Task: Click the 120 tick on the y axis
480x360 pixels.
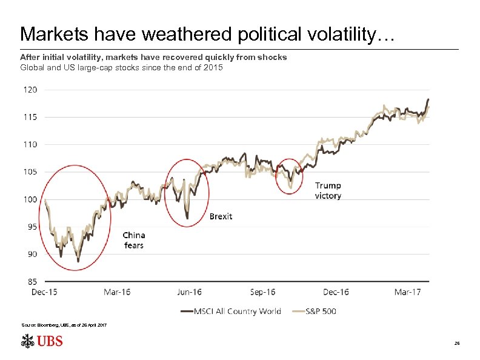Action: [30, 90]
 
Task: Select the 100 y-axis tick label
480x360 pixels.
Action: [30, 199]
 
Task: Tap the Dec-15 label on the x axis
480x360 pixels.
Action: [44, 293]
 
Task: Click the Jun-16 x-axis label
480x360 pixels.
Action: [189, 293]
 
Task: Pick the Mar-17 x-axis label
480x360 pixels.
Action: [407, 293]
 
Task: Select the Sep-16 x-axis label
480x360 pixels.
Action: [262, 293]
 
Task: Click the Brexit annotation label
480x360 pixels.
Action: [221, 216]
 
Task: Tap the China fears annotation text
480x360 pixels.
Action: [133, 240]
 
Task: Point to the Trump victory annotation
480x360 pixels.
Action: [328, 191]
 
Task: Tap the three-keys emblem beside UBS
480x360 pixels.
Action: [27, 342]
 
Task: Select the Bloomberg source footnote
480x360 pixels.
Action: [64, 326]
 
